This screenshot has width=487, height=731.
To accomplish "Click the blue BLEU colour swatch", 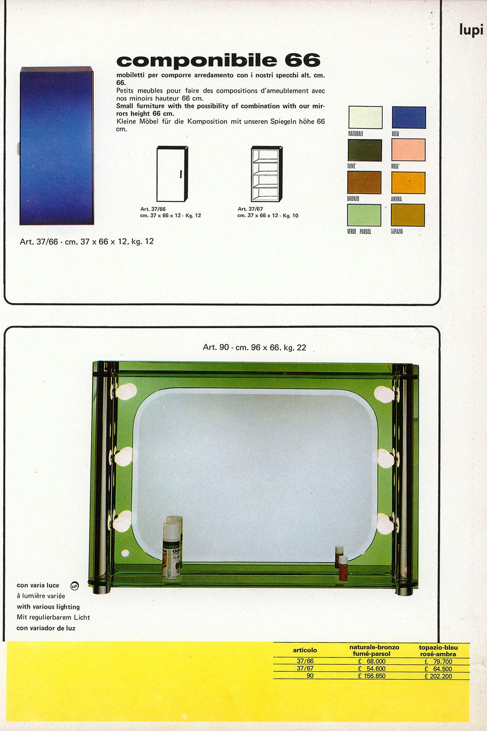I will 409,117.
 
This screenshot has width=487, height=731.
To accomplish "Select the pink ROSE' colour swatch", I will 408,150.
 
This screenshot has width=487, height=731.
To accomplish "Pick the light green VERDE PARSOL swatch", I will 364,215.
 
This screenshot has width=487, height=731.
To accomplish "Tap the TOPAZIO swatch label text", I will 397,231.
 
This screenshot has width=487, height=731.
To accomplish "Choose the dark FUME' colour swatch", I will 364,150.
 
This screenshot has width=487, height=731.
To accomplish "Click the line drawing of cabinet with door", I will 172,174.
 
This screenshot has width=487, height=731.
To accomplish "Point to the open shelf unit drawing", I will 266,174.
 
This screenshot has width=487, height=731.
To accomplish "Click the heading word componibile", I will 197,61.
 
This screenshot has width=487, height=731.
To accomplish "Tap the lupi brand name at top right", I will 471,30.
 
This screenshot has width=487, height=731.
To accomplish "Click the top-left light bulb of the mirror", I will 125,391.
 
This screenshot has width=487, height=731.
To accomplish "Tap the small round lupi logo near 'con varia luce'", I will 74,586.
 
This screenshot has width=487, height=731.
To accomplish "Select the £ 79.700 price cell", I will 438,662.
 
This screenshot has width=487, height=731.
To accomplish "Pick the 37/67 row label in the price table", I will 305,668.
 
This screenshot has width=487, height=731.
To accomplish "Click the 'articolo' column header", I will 305,650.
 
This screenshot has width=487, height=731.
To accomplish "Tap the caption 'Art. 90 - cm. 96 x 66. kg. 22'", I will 254,348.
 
